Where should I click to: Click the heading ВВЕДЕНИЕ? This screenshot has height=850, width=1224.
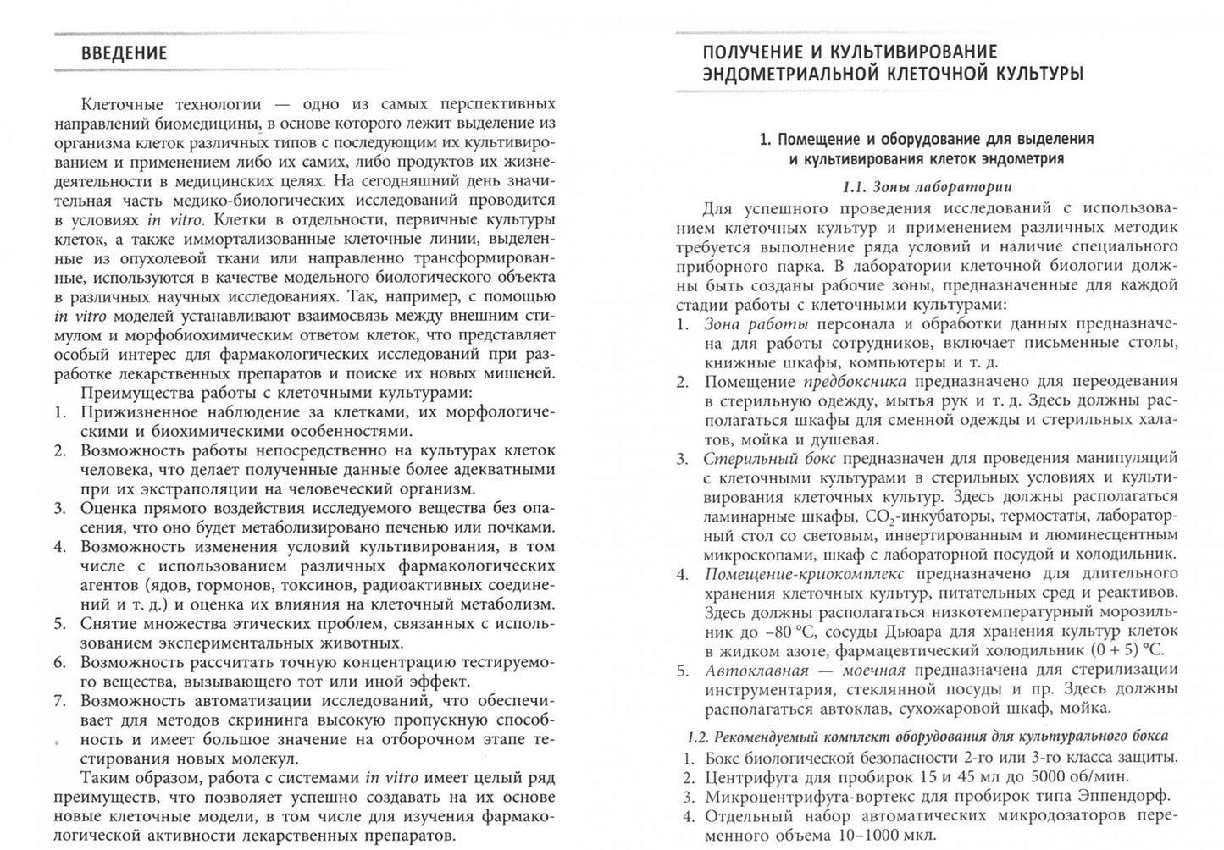tap(124, 53)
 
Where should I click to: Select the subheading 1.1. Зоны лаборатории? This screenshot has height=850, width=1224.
tap(927, 187)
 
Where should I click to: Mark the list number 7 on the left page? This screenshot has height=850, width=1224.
tap(60, 700)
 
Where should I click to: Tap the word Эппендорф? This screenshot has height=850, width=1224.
tap(1127, 796)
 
